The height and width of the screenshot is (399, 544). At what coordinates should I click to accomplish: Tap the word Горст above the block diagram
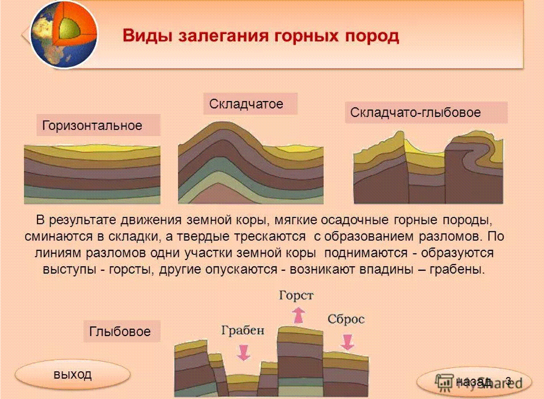[296, 296]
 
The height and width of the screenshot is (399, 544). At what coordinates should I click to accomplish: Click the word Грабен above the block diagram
[243, 330]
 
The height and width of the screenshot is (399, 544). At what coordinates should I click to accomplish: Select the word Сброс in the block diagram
[346, 319]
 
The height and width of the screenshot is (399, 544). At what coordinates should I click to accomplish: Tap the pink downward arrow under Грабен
[243, 352]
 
